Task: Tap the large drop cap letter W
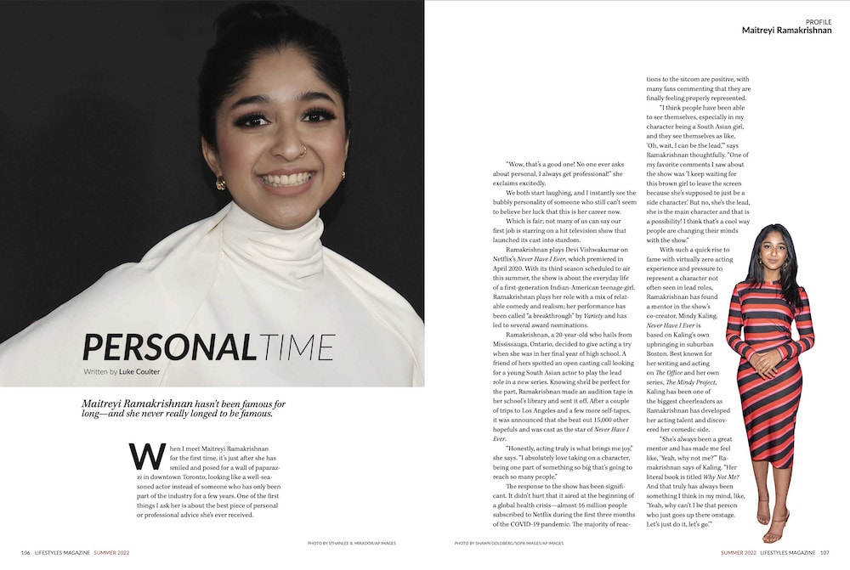click(142, 456)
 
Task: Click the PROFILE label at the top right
click(818, 20)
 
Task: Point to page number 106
click(26, 552)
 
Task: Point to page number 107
click(824, 552)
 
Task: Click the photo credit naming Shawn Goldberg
click(508, 543)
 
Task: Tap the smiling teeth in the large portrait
click(285, 179)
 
